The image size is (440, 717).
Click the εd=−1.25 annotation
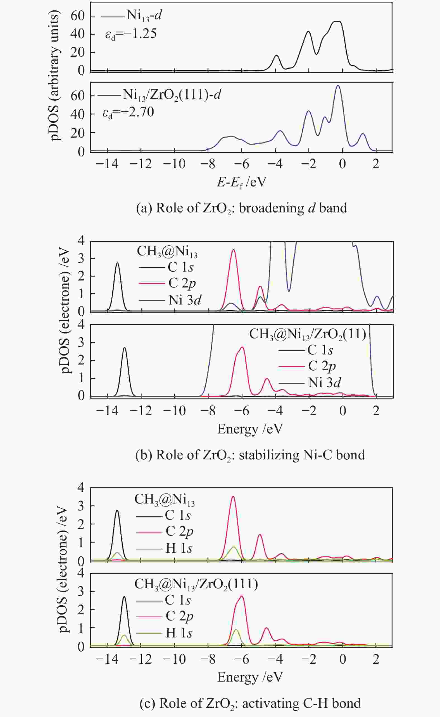[x=131, y=34]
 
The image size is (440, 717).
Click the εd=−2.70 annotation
[x=128, y=112]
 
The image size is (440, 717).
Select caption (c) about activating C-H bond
[x=250, y=703]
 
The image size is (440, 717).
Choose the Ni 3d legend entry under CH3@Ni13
[x=185, y=300]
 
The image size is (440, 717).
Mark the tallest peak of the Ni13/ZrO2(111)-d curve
[x=337, y=86]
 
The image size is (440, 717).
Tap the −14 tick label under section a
[x=107, y=164]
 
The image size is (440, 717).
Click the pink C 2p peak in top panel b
[x=233, y=250]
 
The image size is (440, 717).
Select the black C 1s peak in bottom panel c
[x=124, y=597]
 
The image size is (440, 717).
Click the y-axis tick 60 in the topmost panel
[x=77, y=16]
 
